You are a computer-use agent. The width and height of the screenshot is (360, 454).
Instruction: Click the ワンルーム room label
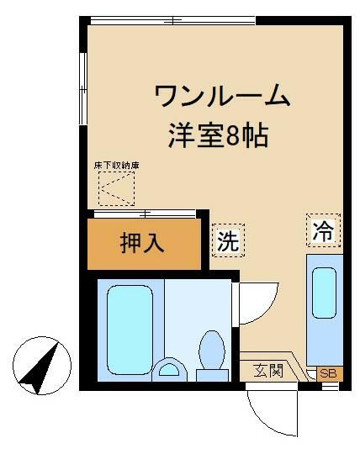click(x=223, y=97)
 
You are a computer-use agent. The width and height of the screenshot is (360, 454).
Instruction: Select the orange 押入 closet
click(x=145, y=244)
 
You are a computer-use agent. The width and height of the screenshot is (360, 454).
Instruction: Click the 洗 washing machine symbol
click(x=228, y=241)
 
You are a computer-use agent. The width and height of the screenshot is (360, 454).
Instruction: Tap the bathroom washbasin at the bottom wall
click(x=170, y=369)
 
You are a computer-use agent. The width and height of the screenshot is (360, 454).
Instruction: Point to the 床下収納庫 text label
click(x=116, y=165)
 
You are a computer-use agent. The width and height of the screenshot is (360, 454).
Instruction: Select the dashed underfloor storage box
click(x=116, y=188)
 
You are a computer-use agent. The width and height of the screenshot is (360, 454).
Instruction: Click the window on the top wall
click(x=172, y=20)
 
